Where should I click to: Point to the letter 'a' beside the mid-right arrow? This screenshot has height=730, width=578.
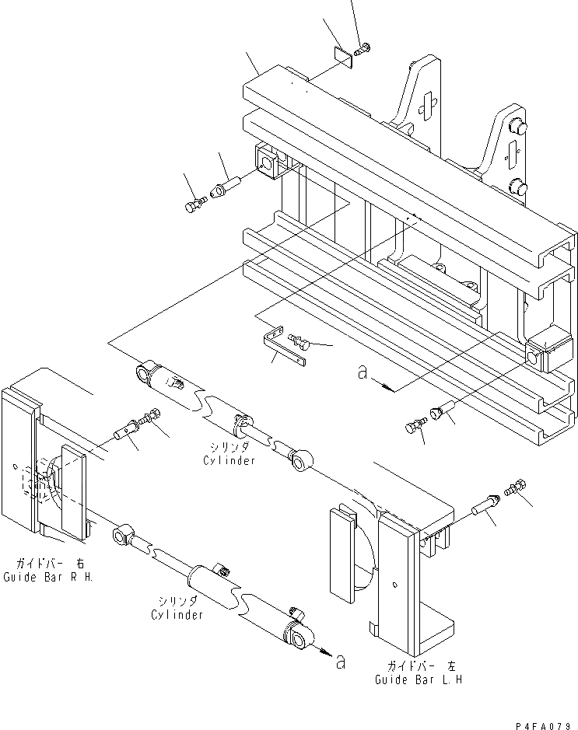click(361, 374)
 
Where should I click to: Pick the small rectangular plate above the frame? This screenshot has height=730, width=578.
click(342, 58)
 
